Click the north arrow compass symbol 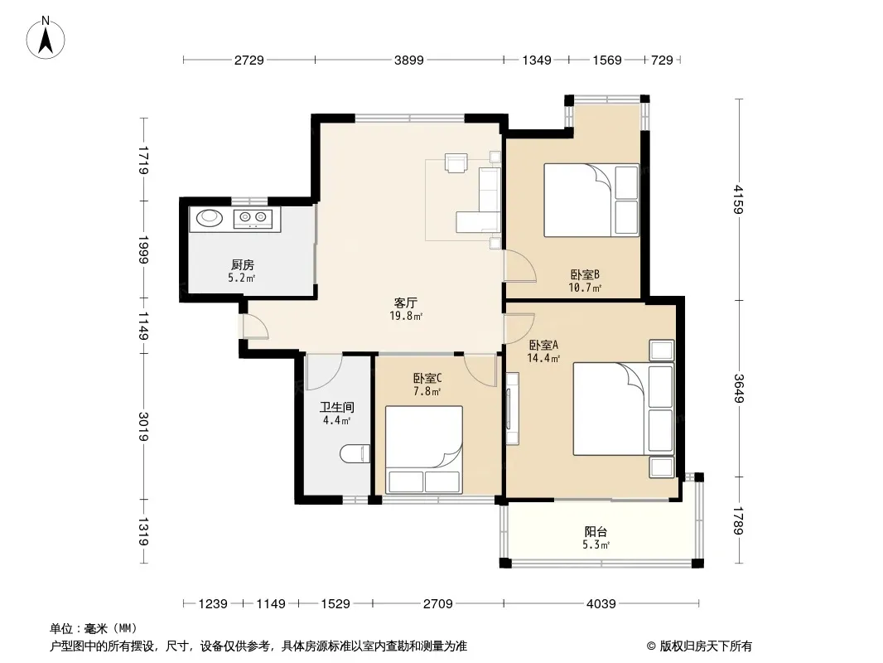pos(46,38)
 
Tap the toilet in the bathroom pos(355,453)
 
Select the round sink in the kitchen pos(210,217)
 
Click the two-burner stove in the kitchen pos(253,218)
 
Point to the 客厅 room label pos(405,303)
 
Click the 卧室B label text pos(585,275)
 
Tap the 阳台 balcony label pos(596,532)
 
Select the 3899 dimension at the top pos(409,60)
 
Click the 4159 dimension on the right pos(738,200)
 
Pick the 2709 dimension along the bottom pos(437,604)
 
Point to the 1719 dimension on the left pos(143,160)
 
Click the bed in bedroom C pos(424,450)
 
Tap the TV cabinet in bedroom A pos(513,409)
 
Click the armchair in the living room pos(456,162)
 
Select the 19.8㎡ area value pos(406,316)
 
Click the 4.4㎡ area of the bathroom pos(337,420)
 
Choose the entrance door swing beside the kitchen pos(256,327)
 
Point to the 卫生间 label pos(337,407)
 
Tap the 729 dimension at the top pos(662,60)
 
